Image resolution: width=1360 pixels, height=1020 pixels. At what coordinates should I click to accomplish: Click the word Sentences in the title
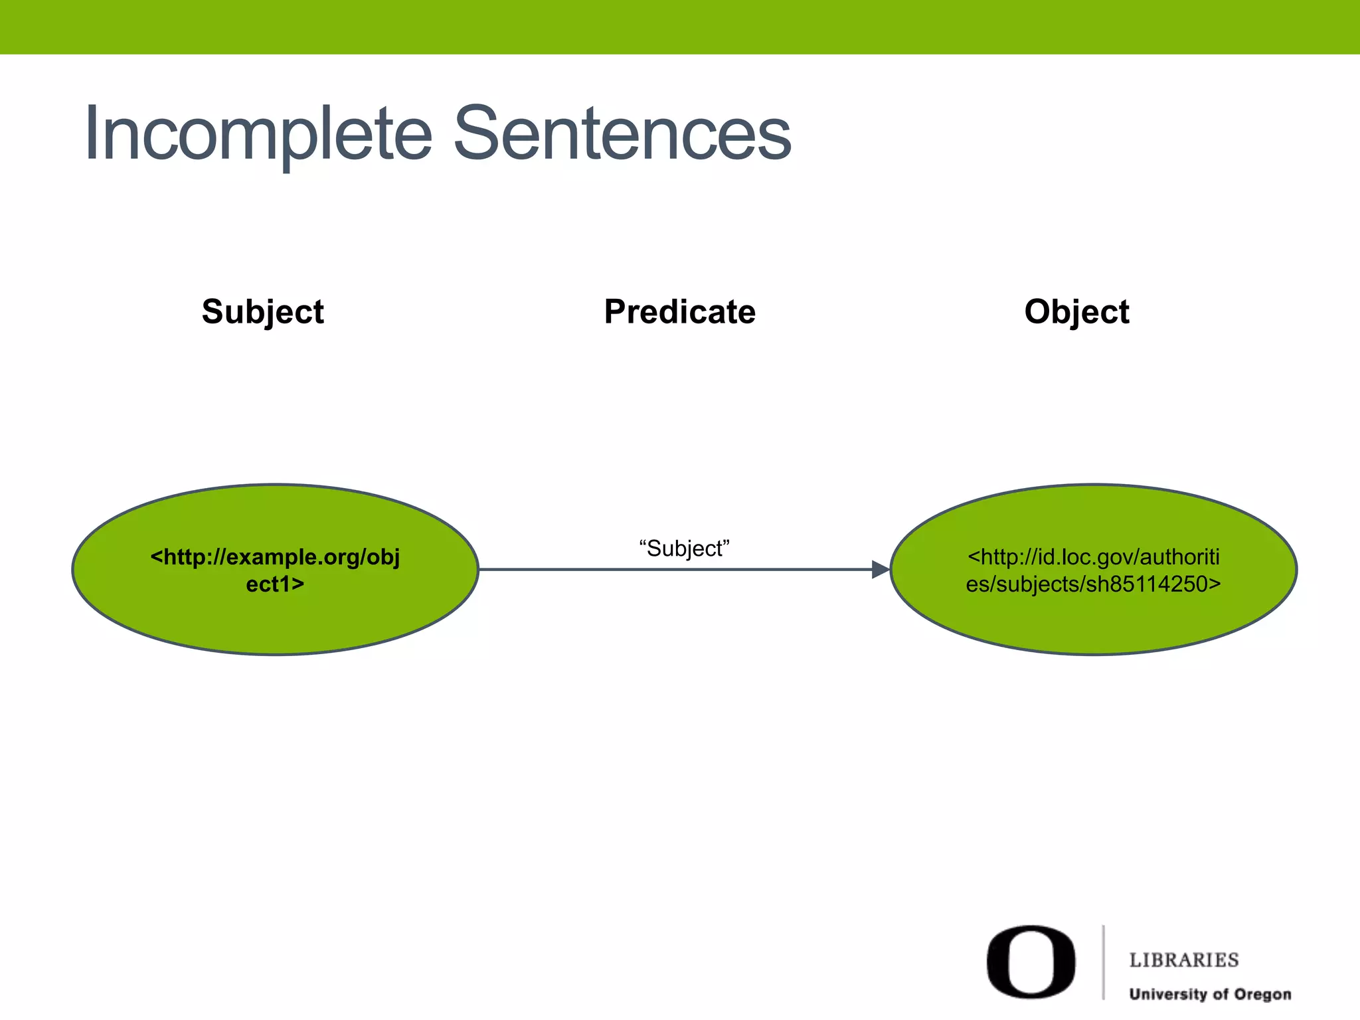[x=622, y=135]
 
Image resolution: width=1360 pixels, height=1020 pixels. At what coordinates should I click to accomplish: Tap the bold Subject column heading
[x=263, y=311]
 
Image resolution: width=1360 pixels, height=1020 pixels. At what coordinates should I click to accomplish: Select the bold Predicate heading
[x=679, y=311]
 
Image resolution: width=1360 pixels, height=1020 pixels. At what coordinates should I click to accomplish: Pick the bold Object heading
[x=1076, y=311]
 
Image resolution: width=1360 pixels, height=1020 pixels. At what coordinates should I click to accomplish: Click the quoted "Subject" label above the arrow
[x=684, y=549]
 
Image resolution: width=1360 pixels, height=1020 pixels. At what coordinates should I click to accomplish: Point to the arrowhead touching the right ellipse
[x=881, y=569]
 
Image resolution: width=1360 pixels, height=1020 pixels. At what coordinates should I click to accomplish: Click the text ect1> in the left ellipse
[x=275, y=584]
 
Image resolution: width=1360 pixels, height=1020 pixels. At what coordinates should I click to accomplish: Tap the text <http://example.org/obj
[x=275, y=556]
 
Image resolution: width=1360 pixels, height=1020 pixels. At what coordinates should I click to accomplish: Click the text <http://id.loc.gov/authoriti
[x=1093, y=556]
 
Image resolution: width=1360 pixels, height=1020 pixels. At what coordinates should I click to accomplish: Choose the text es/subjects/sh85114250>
[x=1093, y=584]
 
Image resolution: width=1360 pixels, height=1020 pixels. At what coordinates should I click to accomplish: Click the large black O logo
[x=1031, y=962]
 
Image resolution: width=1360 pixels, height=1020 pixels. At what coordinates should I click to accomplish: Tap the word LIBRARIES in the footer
[x=1184, y=960]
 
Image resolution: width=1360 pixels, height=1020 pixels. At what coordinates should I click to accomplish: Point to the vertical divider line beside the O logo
[x=1104, y=962]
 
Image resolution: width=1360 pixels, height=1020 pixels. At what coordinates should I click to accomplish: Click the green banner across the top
[x=680, y=27]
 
